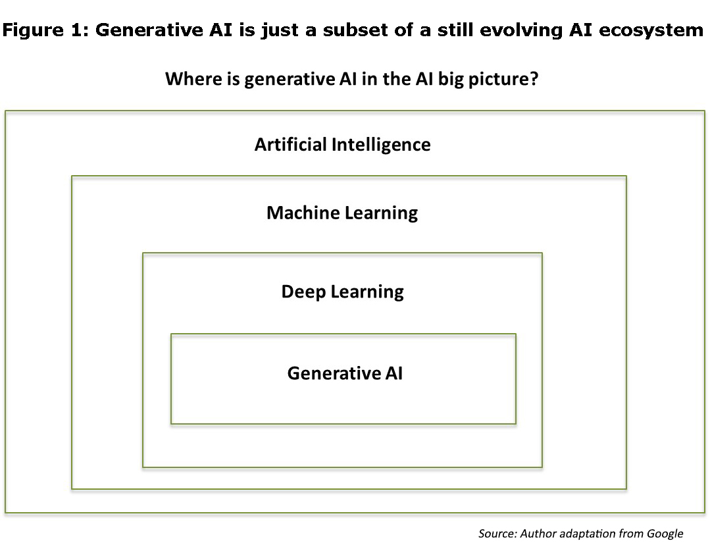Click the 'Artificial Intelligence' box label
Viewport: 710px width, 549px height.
point(342,145)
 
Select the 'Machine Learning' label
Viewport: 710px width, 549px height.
point(342,213)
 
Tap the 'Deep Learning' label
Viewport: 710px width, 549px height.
point(342,292)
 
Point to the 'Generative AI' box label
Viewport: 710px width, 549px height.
point(345,373)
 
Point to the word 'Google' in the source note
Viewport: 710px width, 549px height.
point(665,534)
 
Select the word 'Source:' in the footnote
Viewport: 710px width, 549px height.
point(497,534)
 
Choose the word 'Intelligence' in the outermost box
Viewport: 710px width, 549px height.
point(381,145)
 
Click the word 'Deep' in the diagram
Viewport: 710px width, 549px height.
point(303,292)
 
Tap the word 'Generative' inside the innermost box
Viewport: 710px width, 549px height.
point(334,373)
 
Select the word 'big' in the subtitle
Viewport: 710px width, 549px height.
point(451,79)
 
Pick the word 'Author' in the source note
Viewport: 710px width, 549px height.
point(538,534)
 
